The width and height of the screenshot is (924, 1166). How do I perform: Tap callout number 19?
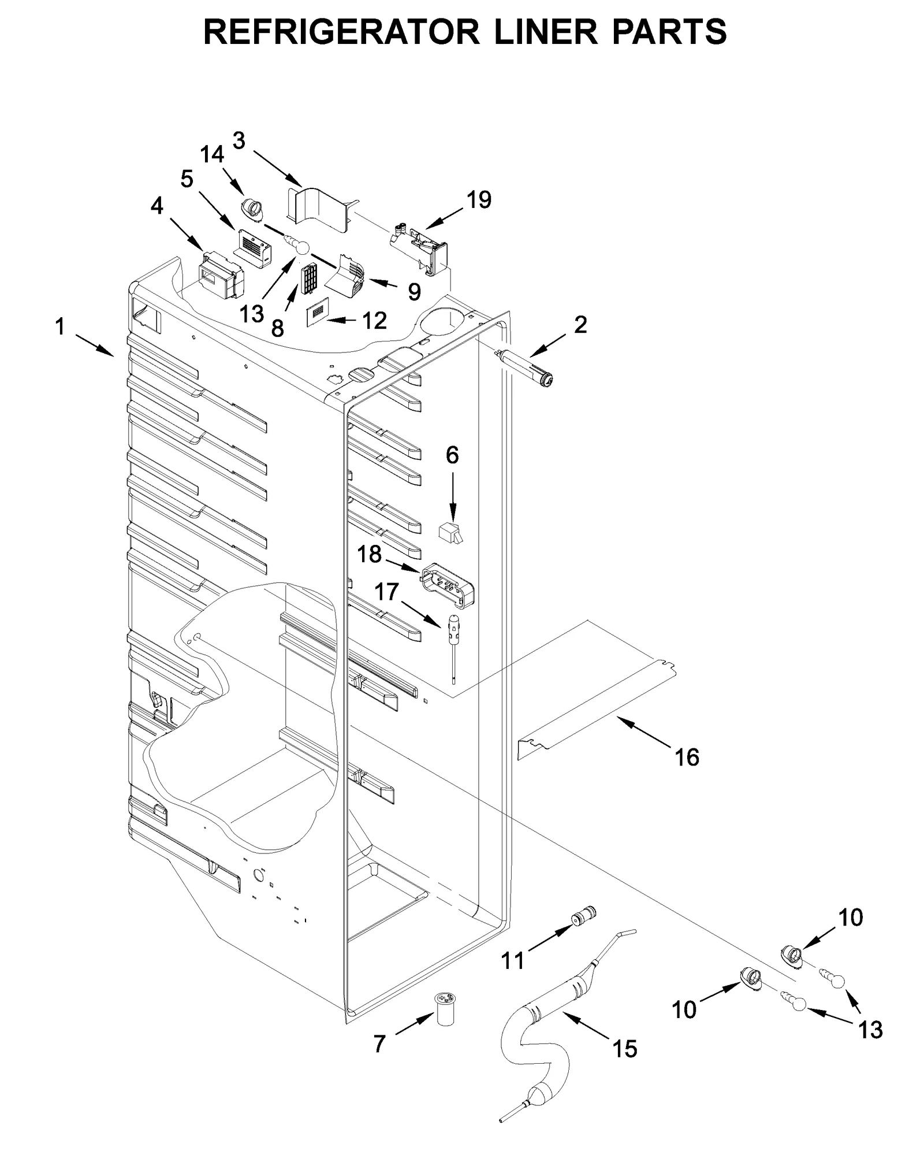(478, 200)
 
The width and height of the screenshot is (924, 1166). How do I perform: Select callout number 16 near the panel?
(687, 757)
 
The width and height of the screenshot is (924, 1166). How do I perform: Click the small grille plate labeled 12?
(317, 313)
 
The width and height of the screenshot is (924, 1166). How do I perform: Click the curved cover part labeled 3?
(319, 209)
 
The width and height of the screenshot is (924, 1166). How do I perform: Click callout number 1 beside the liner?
(60, 327)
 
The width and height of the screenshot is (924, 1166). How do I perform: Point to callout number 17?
(386, 592)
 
